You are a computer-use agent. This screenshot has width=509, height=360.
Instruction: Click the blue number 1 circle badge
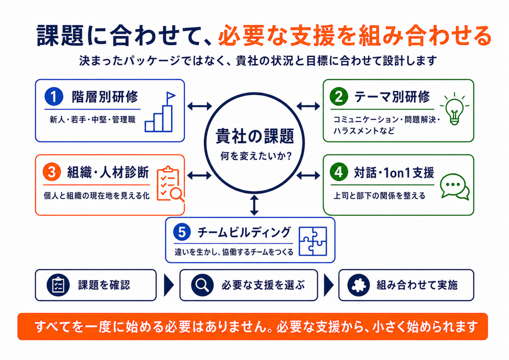pyautogui.click(x=54, y=96)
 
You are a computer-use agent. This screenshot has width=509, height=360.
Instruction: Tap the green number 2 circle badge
pyautogui.click(x=339, y=96)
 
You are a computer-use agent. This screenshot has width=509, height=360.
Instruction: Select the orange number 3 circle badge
pyautogui.click(x=52, y=172)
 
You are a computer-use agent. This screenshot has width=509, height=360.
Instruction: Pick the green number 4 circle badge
pyautogui.click(x=339, y=171)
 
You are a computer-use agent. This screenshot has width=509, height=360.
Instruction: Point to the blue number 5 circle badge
pyautogui.click(x=182, y=232)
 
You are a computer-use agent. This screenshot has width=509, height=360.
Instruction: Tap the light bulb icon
pyautogui.click(x=454, y=108)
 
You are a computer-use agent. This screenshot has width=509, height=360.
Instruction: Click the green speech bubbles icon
pyautogui.click(x=454, y=186)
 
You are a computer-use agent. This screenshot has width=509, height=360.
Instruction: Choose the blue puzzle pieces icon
pyautogui.click(x=312, y=241)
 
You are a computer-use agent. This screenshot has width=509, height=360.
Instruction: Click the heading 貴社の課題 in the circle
pyautogui.click(x=255, y=136)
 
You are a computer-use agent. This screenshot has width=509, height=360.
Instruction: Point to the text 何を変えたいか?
pyautogui.click(x=256, y=156)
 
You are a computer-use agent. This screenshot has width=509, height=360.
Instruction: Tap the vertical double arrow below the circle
pyautogui.click(x=254, y=205)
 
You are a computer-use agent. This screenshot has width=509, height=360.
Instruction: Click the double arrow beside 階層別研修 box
pyautogui.click(x=199, y=106)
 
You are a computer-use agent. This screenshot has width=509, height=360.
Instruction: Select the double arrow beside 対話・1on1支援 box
pyautogui.click(x=308, y=175)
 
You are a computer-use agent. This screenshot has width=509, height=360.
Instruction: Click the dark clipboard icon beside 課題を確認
pyautogui.click(x=58, y=285)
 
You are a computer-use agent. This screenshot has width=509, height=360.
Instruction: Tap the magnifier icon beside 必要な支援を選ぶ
pyautogui.click(x=202, y=285)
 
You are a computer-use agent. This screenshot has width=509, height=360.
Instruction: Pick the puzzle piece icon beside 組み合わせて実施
pyautogui.click(x=358, y=285)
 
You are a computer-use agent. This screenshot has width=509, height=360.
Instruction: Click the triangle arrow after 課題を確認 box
pyautogui.click(x=169, y=285)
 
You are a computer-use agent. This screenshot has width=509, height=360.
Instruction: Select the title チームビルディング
pyautogui.click(x=244, y=232)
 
